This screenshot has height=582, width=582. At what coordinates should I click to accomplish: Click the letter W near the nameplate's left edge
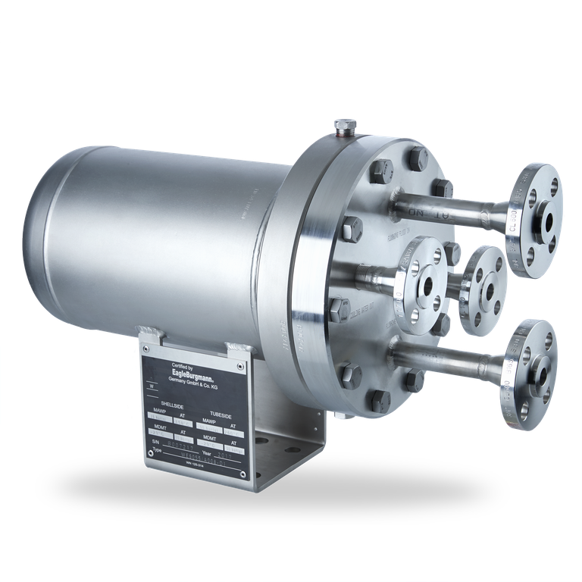(x=153, y=386)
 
